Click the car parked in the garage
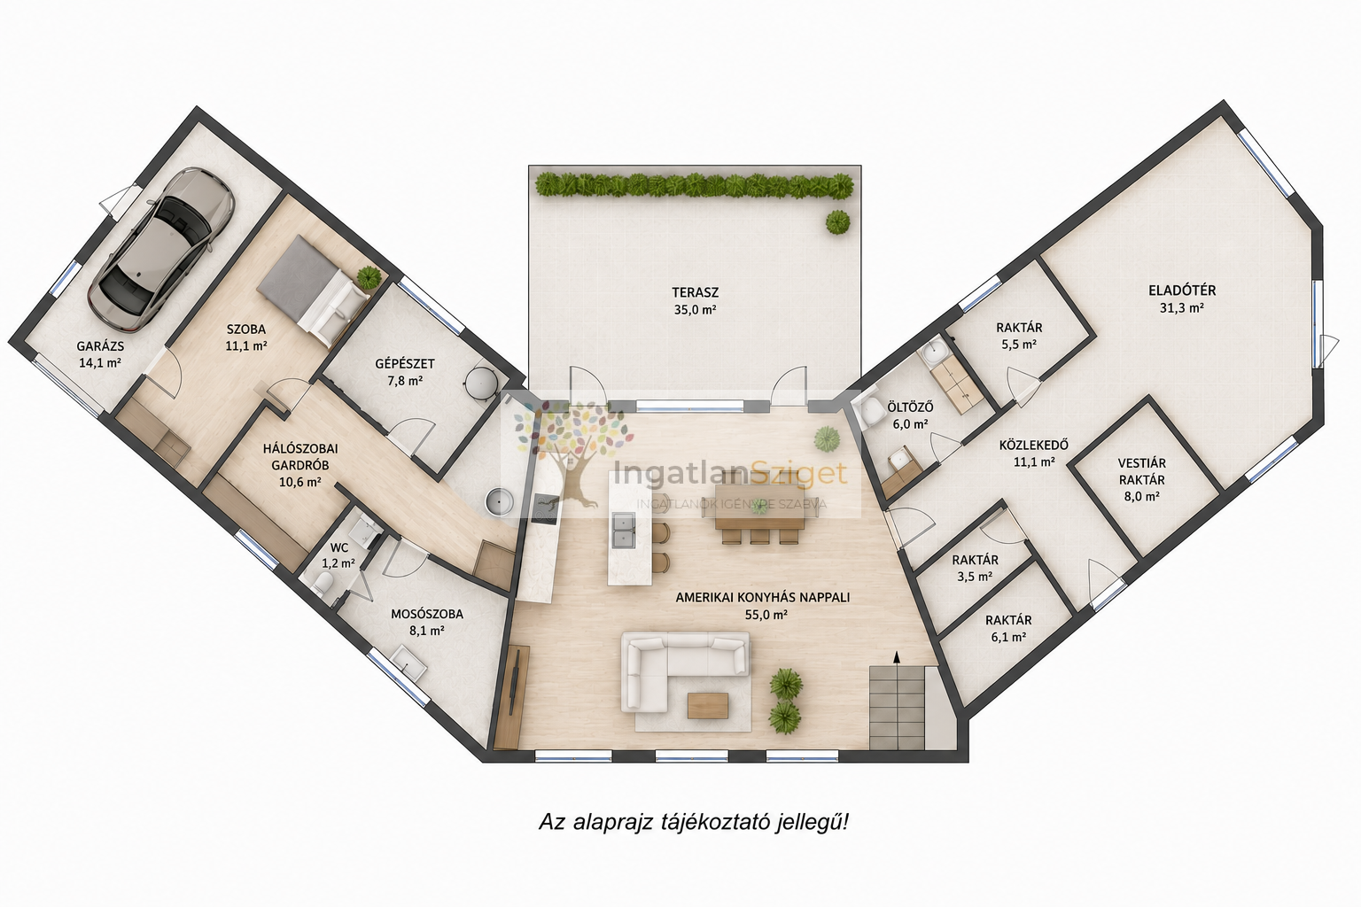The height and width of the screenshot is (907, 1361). coord(161,250)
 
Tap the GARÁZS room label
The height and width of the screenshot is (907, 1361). coord(100,346)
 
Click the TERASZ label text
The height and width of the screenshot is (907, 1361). coord(695,292)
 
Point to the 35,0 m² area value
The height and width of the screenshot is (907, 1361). coord(695,310)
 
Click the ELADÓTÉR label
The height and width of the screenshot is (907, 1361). coord(1182,291)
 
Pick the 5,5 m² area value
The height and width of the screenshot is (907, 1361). coord(1019,345)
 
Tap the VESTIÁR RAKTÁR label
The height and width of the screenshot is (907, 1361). coord(1141,471)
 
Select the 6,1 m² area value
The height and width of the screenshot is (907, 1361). coord(1008,637)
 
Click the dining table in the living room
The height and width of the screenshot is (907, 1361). coord(759,506)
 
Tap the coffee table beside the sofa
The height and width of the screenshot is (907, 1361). coord(708,705)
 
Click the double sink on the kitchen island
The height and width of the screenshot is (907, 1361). coord(623,531)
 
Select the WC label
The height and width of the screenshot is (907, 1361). coord(339,548)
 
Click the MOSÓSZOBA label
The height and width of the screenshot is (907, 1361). coord(426,614)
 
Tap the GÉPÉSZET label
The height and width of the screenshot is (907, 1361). coord(405,364)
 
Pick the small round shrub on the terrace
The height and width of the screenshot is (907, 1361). coord(838,221)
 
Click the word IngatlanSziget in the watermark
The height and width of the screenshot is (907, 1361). coord(730,473)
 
